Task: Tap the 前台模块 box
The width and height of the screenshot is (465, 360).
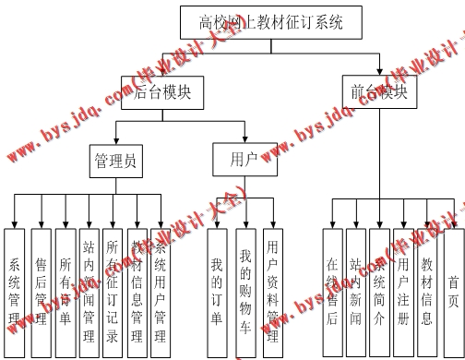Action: (377, 91)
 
